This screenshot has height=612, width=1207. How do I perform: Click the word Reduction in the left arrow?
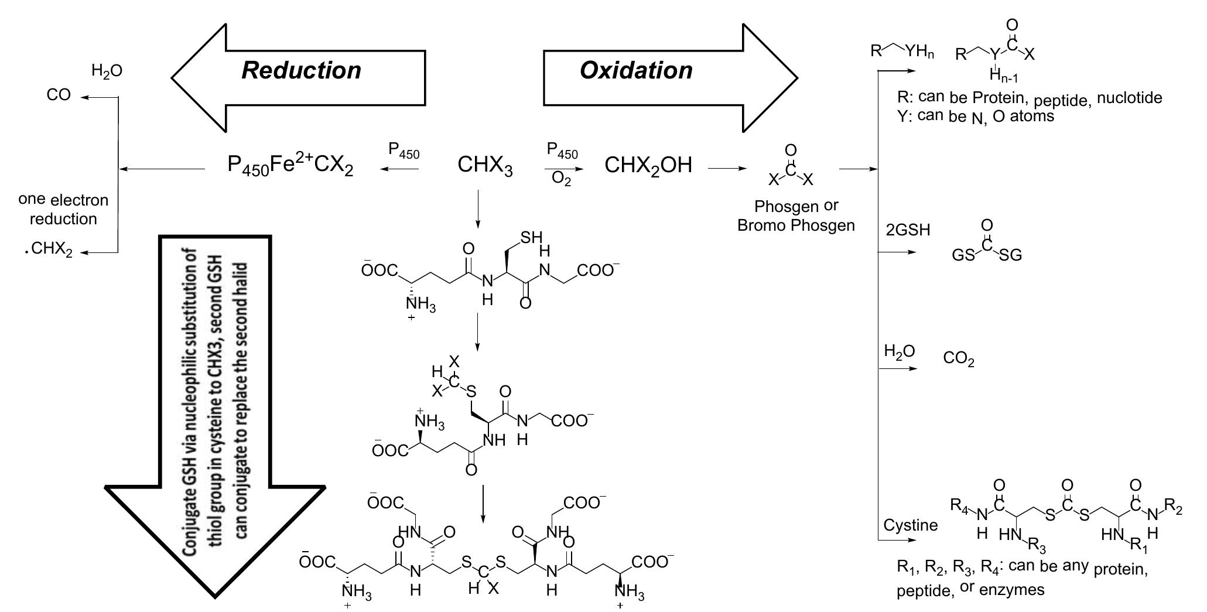[301, 70]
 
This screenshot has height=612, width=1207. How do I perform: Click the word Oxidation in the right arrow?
[636, 70]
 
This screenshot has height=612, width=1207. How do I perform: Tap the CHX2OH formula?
[648, 166]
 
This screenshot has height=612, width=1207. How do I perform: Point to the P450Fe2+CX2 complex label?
[290, 167]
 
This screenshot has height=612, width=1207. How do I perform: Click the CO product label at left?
[59, 95]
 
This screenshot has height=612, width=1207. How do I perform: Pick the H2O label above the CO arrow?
[107, 71]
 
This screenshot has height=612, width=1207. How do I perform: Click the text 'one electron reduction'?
[63, 210]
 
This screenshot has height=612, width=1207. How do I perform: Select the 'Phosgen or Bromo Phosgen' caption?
[796, 216]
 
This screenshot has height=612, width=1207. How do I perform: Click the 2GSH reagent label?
[907, 230]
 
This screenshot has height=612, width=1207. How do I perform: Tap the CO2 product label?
[959, 359]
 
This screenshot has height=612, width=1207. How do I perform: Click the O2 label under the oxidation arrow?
[561, 180]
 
